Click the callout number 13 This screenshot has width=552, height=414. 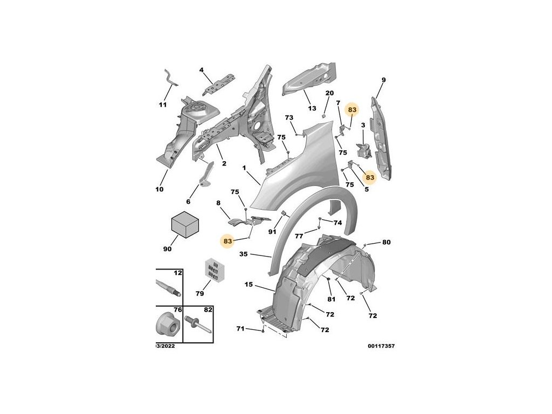(312, 108)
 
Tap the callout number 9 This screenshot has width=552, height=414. (383, 80)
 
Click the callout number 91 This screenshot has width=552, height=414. (272, 232)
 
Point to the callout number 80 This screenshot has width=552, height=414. (386, 242)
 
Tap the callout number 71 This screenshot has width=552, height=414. (240, 328)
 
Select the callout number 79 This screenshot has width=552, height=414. (199, 294)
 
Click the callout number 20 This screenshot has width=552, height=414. (329, 93)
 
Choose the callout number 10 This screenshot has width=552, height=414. (159, 190)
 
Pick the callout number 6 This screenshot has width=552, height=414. (189, 202)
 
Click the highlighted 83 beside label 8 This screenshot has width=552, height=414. (227, 241)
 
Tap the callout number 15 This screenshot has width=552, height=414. (249, 284)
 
